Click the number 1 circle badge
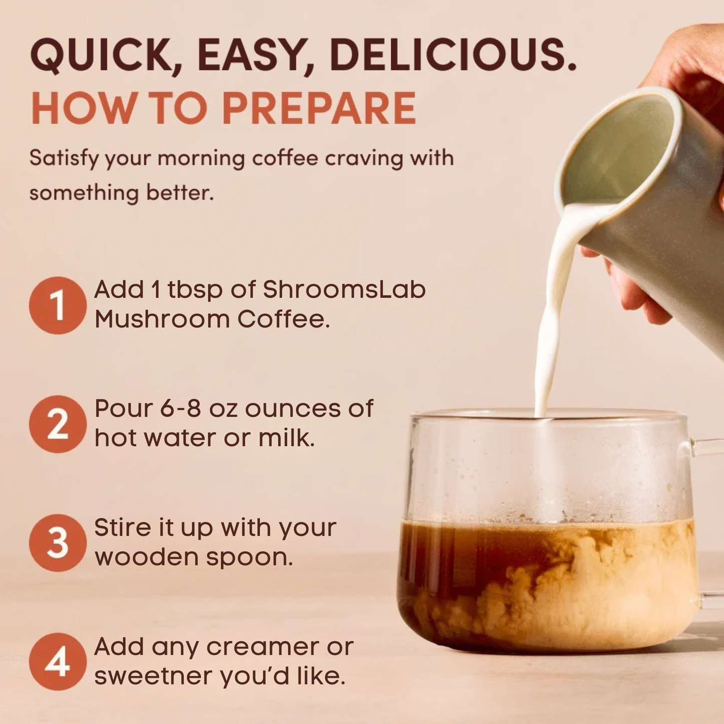tap(58, 305)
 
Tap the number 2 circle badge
tap(58, 424)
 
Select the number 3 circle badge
tap(58, 543)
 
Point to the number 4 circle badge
tap(58, 661)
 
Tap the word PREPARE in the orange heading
tap(319, 108)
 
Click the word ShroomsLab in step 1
tap(344, 290)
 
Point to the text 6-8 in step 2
tap(181, 409)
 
